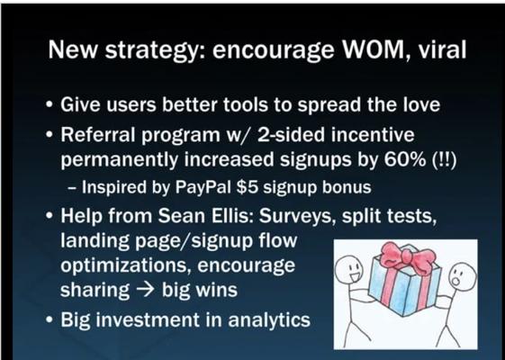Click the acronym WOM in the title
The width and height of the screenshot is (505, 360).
point(373,49)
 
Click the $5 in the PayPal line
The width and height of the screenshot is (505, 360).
point(247,187)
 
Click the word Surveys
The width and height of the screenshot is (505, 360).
point(298,216)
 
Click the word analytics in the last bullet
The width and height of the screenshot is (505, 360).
point(269,319)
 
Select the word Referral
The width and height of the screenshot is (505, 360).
point(98,134)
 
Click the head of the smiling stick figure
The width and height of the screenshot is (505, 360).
point(349,269)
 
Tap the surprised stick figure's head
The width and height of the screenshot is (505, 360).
point(462,277)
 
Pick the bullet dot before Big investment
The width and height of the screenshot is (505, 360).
point(50,320)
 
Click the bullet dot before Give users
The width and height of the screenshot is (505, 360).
point(50,105)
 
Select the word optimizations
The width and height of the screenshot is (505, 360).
point(126,265)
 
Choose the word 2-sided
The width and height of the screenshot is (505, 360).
point(291,134)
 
